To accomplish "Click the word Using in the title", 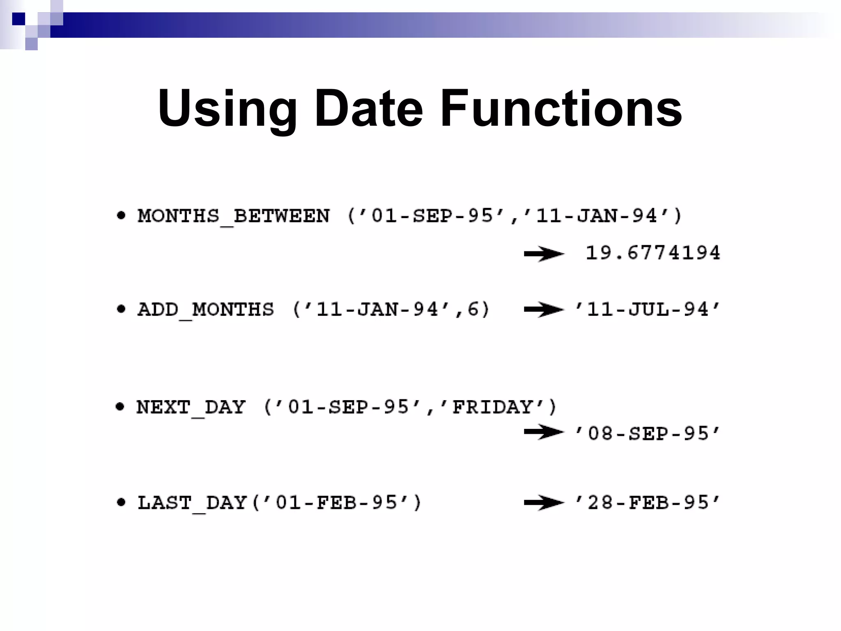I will [227, 109].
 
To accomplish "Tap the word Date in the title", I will [368, 109].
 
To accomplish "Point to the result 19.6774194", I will [653, 253].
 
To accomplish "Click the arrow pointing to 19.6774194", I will [544, 254].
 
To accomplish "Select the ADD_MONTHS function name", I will [206, 310].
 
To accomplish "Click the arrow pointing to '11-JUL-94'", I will [544, 310].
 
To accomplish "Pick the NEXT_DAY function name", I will [191, 408].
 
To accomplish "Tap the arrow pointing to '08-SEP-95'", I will [544, 432].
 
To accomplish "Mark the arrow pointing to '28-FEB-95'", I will [544, 503].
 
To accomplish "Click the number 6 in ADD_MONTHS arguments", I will [473, 309].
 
